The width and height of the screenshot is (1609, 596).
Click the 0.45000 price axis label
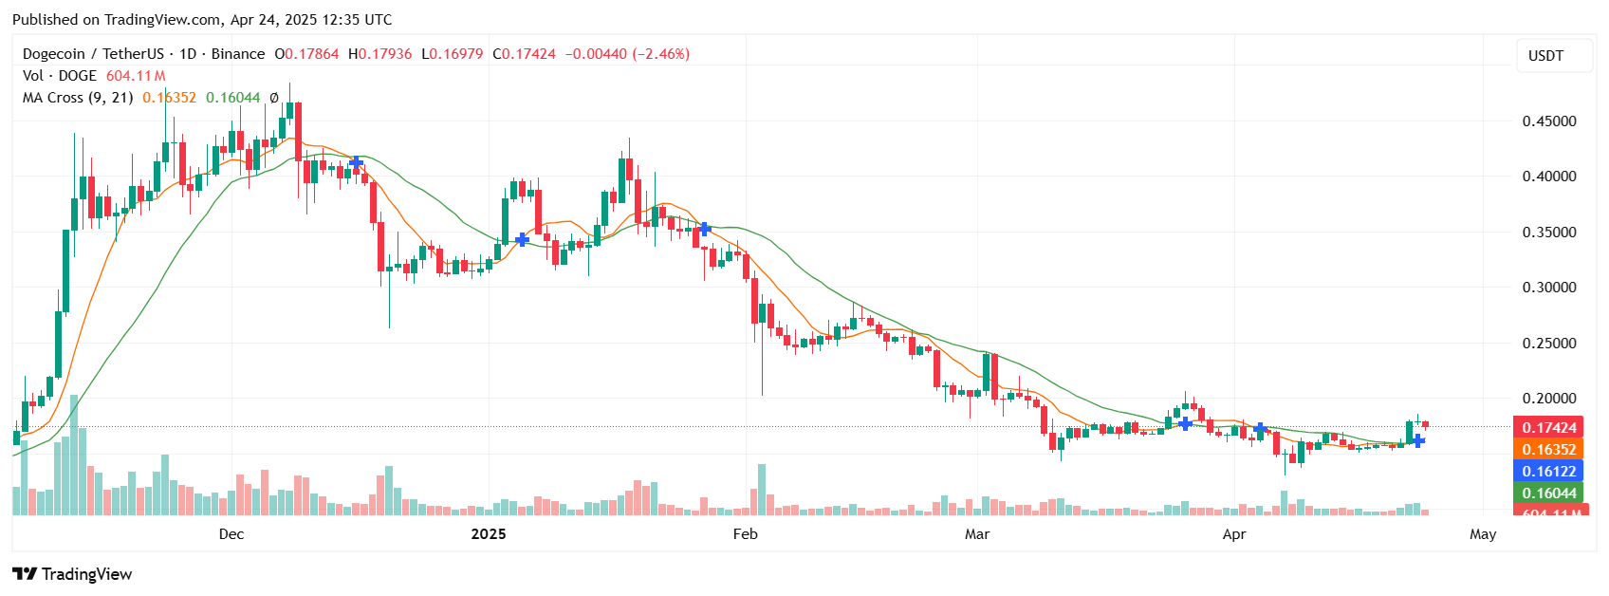pyautogui.click(x=1548, y=121)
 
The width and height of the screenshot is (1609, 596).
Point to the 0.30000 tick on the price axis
pyautogui.click(x=1548, y=288)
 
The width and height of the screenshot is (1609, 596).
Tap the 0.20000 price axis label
pyautogui.click(x=1548, y=399)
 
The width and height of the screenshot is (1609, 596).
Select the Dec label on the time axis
pyautogui.click(x=231, y=534)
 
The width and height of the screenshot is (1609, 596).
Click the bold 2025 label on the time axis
pyautogui.click(x=489, y=534)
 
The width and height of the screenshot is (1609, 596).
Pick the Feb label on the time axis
pyautogui.click(x=746, y=534)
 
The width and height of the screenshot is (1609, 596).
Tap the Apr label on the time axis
pyautogui.click(x=1234, y=534)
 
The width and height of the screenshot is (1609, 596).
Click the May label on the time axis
pyautogui.click(x=1483, y=534)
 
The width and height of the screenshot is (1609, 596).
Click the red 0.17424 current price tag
pyautogui.click(x=1548, y=428)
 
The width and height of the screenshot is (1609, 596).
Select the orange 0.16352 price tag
pyautogui.click(x=1548, y=450)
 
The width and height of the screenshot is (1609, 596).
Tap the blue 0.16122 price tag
pyautogui.click(x=1548, y=472)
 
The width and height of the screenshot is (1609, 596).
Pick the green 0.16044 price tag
pyautogui.click(x=1548, y=494)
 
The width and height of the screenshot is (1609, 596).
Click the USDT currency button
pyautogui.click(x=1545, y=56)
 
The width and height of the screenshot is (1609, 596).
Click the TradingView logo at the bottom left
pyautogui.click(x=72, y=574)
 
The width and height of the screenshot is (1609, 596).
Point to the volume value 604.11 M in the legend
pyautogui.click(x=136, y=76)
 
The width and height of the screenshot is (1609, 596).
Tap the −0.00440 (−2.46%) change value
pyautogui.click(x=627, y=54)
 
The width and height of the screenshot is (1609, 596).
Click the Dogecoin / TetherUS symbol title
pyautogui.click(x=93, y=54)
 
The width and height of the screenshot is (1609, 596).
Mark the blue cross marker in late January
pyautogui.click(x=704, y=229)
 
